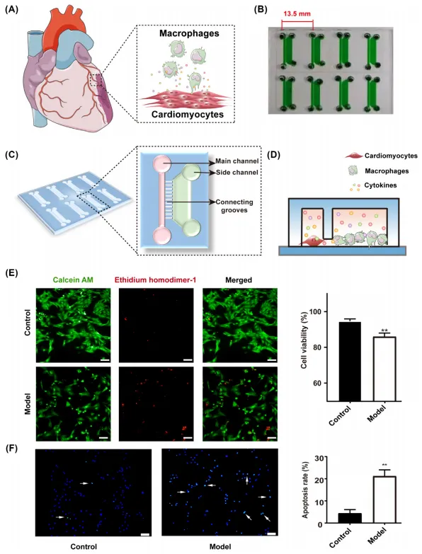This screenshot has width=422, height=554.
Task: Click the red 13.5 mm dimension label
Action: click(297, 14)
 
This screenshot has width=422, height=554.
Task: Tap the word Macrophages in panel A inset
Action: click(189, 33)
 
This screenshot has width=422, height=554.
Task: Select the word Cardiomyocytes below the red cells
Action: click(188, 115)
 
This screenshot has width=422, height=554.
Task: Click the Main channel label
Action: click(237, 161)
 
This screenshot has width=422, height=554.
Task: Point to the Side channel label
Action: click(236, 173)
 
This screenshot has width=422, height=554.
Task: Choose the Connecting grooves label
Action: click(234, 206)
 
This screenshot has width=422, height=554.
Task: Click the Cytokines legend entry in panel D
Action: click(380, 185)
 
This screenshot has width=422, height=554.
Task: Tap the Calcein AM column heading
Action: click(73, 280)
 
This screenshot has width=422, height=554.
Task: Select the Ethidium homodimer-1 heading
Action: click(156, 280)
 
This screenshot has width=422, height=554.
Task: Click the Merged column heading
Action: click(239, 280)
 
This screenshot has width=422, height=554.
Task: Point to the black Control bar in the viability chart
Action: click(350, 362)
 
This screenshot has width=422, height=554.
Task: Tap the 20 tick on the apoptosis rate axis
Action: click(319, 480)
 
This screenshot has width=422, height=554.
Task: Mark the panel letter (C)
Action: click(11, 154)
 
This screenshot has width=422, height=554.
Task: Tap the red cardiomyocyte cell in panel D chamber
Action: click(312, 242)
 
